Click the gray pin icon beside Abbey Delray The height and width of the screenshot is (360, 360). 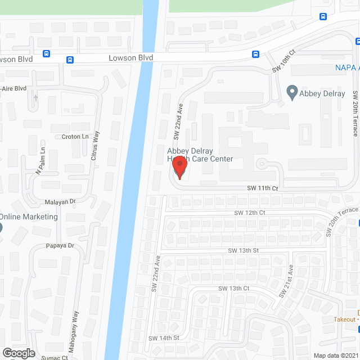click(291, 92)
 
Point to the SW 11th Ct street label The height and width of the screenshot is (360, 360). click(263, 188)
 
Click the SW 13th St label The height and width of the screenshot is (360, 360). click(243, 250)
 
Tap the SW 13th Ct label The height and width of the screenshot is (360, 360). click(233, 288)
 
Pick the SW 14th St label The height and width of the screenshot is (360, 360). click(163, 338)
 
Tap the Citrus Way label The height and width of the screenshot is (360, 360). click(96, 146)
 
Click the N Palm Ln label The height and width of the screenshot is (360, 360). click(40, 160)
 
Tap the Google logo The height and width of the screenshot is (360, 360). click(18, 353)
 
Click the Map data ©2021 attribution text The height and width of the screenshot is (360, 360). click(336, 355)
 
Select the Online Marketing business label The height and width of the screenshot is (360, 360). click(29, 217)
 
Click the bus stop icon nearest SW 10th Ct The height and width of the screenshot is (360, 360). click(255, 55)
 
